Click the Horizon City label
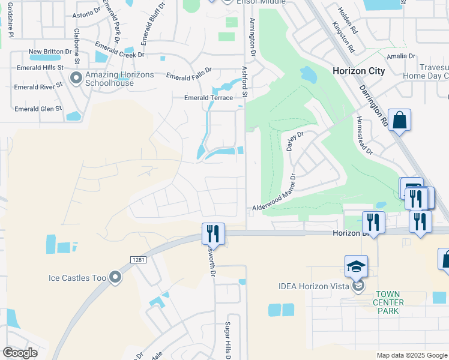click(359, 71)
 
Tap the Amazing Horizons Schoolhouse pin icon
click(76, 78)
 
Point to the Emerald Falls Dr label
click(188, 74)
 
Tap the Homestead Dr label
click(366, 136)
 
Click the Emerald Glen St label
click(38, 109)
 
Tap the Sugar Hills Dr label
click(229, 340)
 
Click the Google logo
click(20, 353)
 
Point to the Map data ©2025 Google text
click(411, 355)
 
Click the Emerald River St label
click(39, 87)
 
